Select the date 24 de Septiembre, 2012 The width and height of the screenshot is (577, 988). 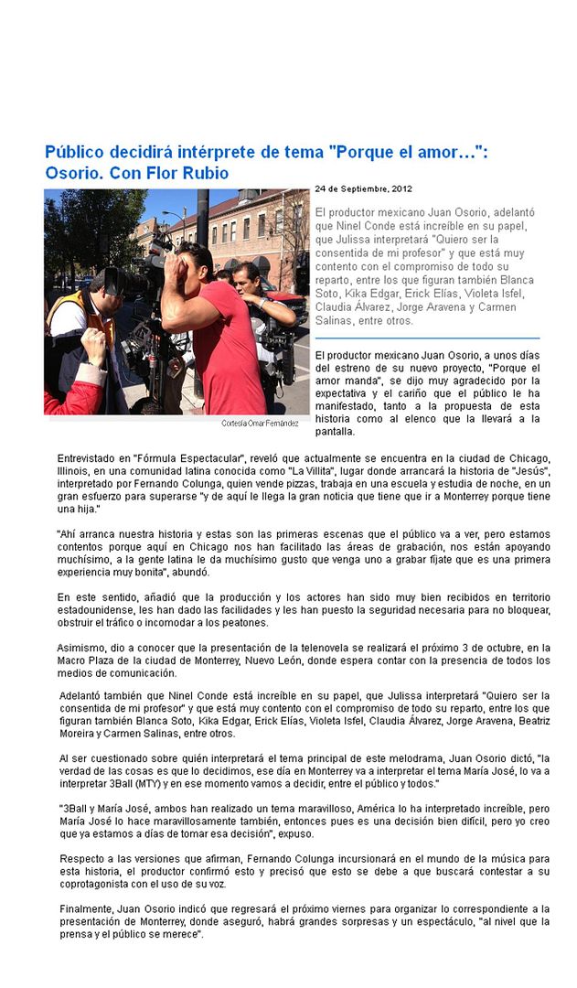363,188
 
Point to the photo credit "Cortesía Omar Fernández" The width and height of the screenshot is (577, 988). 260,424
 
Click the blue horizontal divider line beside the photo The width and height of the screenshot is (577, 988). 426,338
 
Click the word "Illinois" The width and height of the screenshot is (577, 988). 74,470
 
